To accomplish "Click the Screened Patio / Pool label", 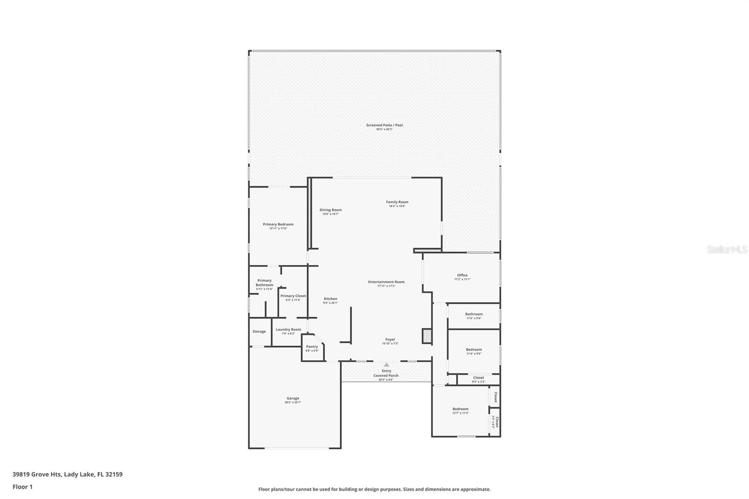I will (x=384, y=125).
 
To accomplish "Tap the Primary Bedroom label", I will (x=278, y=225).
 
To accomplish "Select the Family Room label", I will (x=397, y=202).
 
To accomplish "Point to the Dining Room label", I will (x=330, y=210).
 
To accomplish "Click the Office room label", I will (x=462, y=275).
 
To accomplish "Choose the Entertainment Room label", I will (x=386, y=282).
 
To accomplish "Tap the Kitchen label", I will (x=330, y=299).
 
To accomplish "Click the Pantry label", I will (x=312, y=347).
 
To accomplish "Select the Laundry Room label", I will (x=288, y=330).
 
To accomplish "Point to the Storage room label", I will (x=259, y=331).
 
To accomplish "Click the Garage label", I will (x=293, y=398).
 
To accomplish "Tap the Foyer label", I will (x=390, y=340).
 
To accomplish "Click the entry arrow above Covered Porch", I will (x=386, y=365).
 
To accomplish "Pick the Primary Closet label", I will (x=293, y=296).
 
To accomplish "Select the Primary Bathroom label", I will (x=264, y=283).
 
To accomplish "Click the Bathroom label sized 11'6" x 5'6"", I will (x=474, y=315).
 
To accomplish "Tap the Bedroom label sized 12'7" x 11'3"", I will (x=460, y=409).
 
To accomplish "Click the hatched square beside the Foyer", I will (x=426, y=336).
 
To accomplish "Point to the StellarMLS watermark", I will (x=727, y=250).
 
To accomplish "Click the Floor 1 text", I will (x=22, y=487).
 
